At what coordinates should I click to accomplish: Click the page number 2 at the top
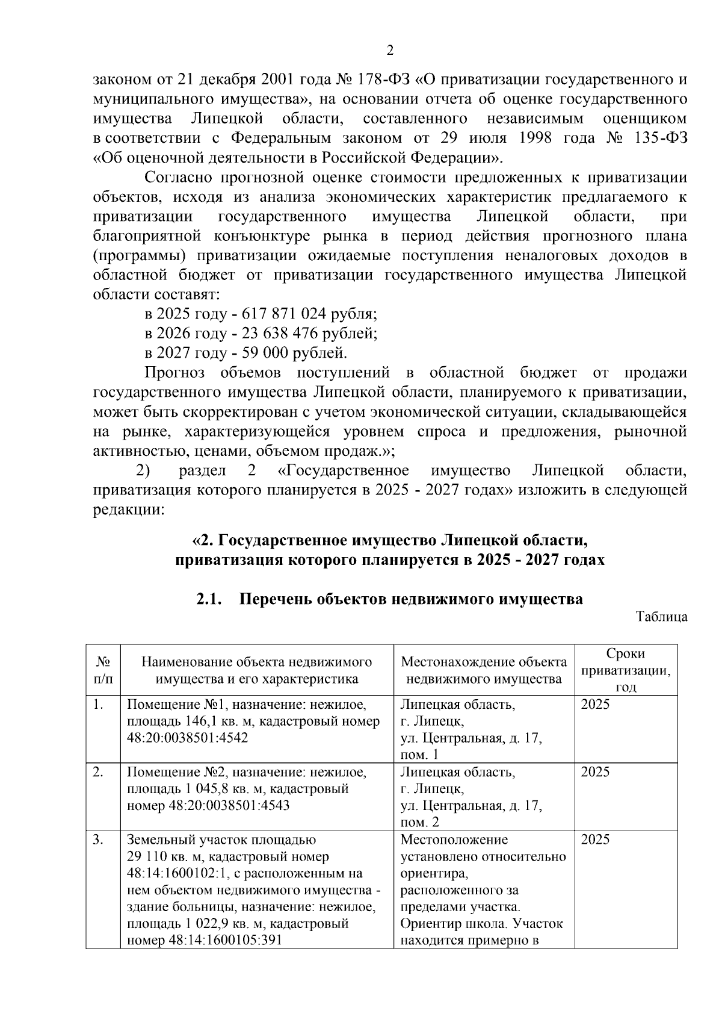point(389,51)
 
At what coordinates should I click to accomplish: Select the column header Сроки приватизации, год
point(625,670)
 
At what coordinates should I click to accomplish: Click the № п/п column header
point(103,670)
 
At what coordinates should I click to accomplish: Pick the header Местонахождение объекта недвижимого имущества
point(484,670)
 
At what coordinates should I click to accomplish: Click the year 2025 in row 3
point(595,840)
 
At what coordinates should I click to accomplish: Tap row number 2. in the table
point(100,772)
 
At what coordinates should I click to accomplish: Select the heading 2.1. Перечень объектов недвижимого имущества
point(389,599)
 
